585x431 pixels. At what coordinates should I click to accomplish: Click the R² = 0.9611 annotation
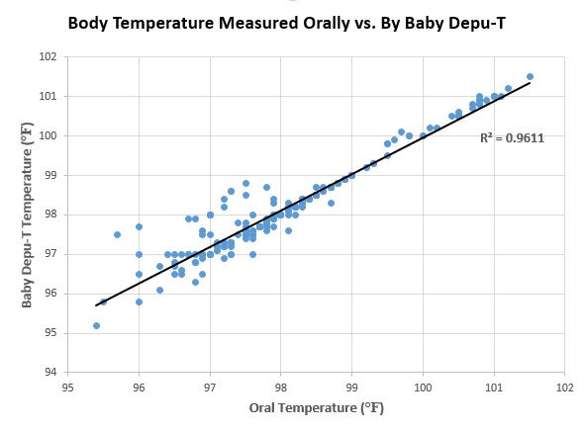[x=512, y=138]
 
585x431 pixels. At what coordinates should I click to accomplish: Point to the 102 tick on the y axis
[x=48, y=56]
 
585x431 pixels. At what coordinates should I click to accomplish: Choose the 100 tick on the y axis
[x=48, y=135]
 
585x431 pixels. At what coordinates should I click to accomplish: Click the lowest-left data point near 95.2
[x=96, y=325]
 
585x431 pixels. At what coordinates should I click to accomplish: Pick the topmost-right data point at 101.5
[x=530, y=76]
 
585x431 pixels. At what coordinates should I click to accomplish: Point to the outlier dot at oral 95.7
[x=117, y=234]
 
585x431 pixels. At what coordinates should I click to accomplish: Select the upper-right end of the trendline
[x=530, y=82]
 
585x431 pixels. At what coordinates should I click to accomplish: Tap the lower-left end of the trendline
[x=95, y=305]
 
